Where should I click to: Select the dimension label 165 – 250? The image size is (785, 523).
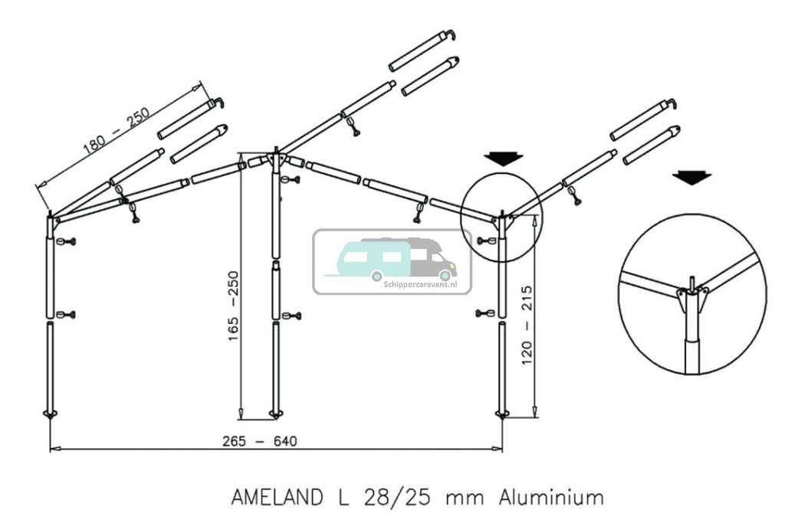(235, 306)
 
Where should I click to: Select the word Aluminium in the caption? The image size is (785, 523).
(550, 498)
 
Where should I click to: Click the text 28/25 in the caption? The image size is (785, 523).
(389, 498)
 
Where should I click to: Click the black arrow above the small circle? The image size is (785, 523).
(504, 159)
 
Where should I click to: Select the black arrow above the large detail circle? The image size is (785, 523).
(691, 178)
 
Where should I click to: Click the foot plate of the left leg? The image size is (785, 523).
(50, 414)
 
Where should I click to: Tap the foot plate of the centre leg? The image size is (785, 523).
(276, 416)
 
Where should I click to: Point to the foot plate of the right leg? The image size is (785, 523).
(502, 414)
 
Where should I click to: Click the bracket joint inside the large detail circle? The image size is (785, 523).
(692, 295)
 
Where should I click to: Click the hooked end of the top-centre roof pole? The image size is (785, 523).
(451, 34)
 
